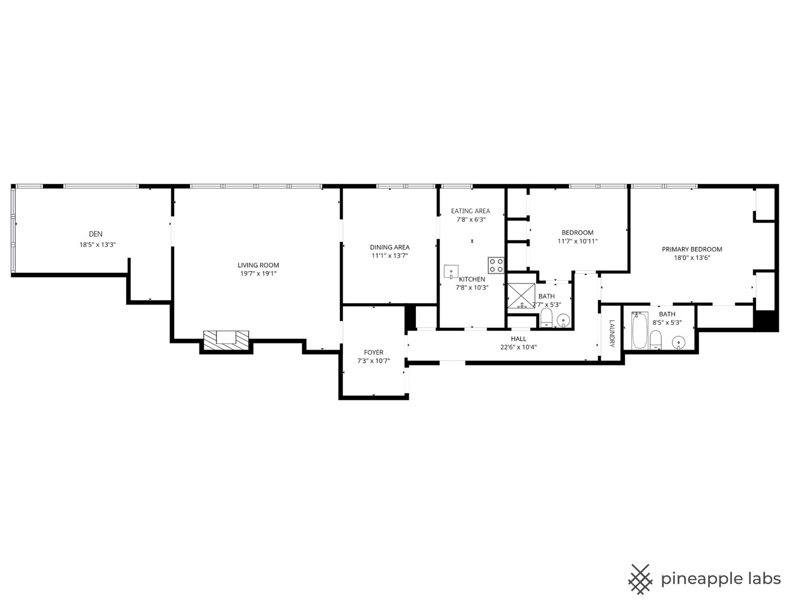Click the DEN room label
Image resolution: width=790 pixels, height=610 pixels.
click(x=96, y=234)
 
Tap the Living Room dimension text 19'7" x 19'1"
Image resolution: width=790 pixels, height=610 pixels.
click(x=258, y=273)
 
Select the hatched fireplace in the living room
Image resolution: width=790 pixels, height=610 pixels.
click(x=226, y=341)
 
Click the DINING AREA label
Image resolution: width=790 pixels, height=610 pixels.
click(x=390, y=247)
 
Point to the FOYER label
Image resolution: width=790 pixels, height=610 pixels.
click(x=374, y=352)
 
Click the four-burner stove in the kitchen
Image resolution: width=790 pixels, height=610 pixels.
click(x=496, y=265)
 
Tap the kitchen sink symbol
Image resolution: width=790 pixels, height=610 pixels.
click(x=451, y=272)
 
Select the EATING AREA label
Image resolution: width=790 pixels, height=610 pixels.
click(x=470, y=211)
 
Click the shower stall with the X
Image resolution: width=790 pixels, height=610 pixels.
click(x=521, y=296)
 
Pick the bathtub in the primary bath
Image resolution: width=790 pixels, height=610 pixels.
click(x=640, y=330)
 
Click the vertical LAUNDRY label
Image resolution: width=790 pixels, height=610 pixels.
click(x=611, y=333)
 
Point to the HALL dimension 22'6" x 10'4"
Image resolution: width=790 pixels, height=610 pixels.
click(x=518, y=347)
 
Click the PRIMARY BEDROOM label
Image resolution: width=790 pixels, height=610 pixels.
click(x=692, y=249)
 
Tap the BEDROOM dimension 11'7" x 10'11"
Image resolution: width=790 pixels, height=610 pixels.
click(x=578, y=241)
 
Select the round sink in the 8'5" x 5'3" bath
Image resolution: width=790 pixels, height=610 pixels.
click(x=678, y=342)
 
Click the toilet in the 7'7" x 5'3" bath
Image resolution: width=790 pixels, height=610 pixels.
click(x=546, y=318)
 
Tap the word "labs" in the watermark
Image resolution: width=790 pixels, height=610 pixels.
click(x=764, y=579)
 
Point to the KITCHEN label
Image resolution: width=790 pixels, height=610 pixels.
click(x=472, y=280)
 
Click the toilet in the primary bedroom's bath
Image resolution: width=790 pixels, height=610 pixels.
click(x=656, y=339)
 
